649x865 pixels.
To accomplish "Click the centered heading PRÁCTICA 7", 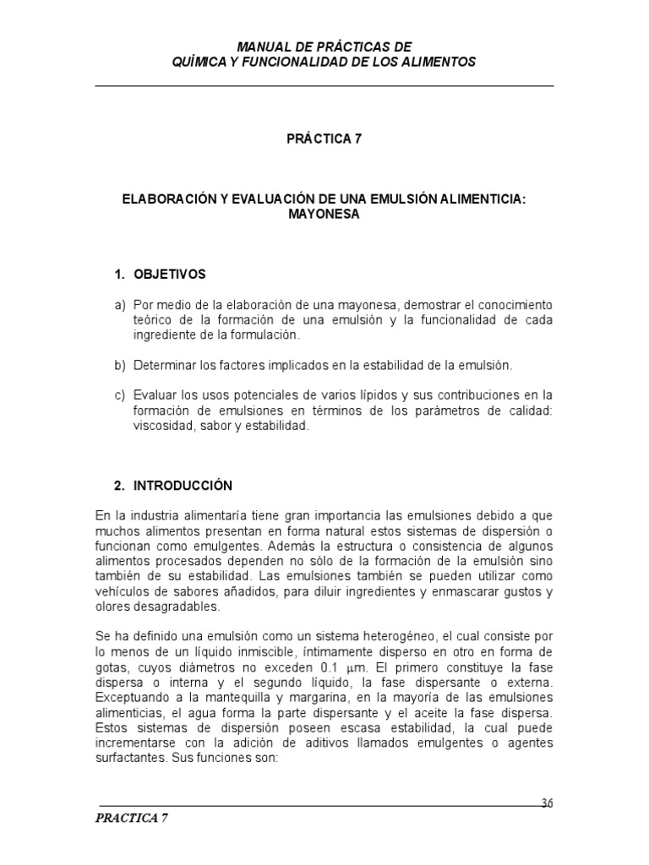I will [324, 139].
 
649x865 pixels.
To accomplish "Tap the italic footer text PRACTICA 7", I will [132, 819].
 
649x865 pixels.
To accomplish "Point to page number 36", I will [547, 803].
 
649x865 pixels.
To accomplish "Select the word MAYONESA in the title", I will [324, 215].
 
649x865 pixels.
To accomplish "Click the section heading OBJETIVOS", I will [169, 275].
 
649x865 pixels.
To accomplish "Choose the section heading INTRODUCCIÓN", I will [183, 486].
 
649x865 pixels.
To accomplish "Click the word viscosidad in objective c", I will [161, 426].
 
